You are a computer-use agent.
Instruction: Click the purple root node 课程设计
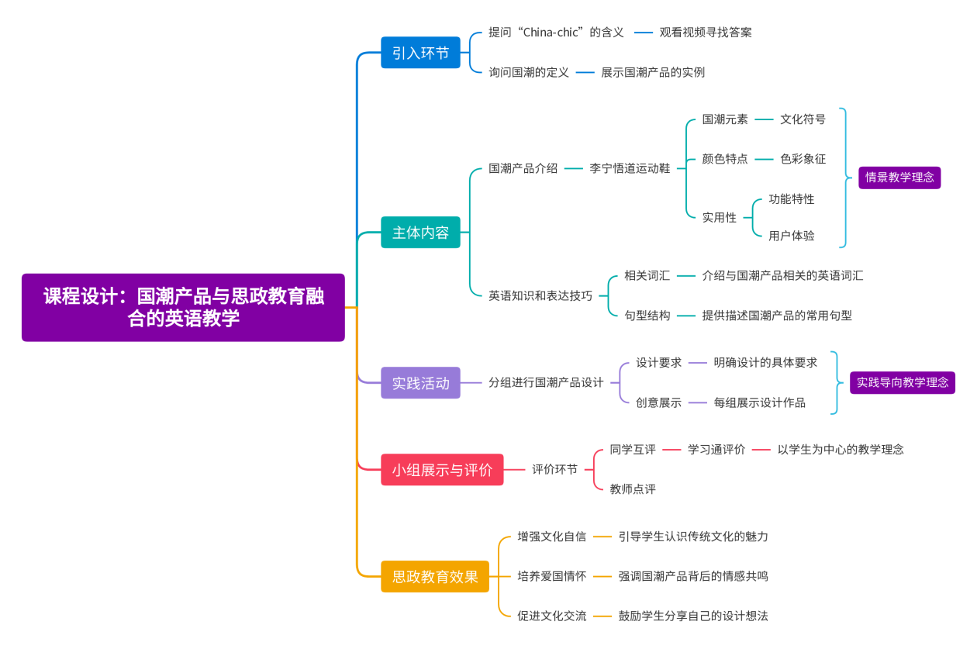pos(183,307)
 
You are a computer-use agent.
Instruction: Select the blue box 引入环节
pos(420,53)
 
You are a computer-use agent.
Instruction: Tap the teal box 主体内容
pos(420,233)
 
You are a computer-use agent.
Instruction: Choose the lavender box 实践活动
pos(420,383)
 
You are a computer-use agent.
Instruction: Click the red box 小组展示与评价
pos(442,470)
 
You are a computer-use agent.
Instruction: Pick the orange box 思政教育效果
pos(435,577)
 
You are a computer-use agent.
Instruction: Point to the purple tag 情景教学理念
pos(899,178)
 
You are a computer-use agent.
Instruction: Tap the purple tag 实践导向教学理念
pos(903,382)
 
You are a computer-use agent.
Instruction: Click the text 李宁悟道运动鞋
pos(630,168)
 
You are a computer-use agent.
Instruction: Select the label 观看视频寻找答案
pos(706,33)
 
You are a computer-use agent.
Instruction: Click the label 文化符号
pos(803,119)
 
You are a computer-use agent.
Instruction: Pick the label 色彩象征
pos(803,159)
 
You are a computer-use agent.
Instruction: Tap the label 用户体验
pos(792,236)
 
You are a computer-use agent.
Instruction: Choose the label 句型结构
pos(647,316)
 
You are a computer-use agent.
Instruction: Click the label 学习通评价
pos(716,450)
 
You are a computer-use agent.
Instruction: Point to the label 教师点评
pos(633,489)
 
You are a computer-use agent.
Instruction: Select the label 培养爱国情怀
pos(552,576)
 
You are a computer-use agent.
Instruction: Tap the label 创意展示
pos(658,403)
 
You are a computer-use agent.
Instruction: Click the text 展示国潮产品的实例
pos(653,72)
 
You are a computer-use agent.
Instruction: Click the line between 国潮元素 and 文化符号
pos(764,119)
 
